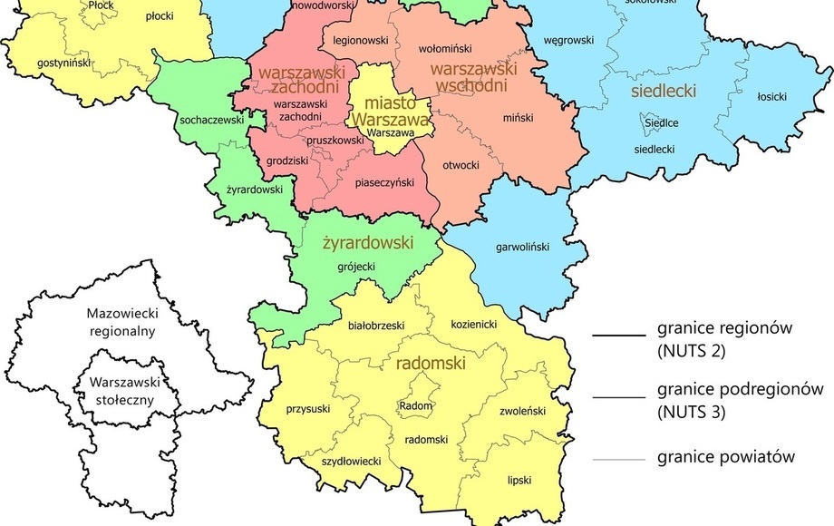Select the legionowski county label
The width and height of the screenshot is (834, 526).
[x=360, y=41]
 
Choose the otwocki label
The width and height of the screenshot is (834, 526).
[x=460, y=166]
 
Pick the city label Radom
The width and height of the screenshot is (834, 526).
[x=416, y=405]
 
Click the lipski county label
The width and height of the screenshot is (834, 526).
[x=519, y=479]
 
